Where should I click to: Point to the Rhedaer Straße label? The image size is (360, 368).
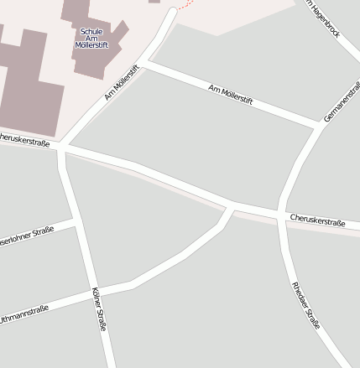[x=305, y=304]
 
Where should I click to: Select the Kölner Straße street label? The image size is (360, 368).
[x=97, y=309]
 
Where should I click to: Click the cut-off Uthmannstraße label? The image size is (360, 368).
[x=23, y=314]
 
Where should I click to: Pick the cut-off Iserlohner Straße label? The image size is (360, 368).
[x=26, y=235]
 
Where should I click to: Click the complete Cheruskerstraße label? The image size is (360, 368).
[x=317, y=221]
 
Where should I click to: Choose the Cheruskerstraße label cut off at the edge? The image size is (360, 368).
[x=23, y=139]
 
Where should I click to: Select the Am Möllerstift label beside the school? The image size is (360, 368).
[x=121, y=83]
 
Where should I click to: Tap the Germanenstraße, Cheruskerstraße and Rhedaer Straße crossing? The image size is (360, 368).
[x=280, y=215]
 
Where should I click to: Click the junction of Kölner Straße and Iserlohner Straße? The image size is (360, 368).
[x=75, y=220]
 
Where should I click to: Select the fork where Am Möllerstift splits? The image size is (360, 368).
[x=144, y=61]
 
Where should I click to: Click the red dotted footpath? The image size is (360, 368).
[x=185, y=4]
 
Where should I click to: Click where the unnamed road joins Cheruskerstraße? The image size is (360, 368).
[x=232, y=205]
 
